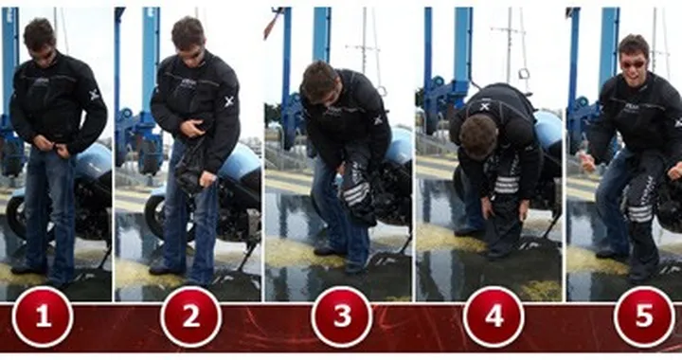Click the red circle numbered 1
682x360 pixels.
(42, 316)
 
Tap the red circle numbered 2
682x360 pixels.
(190, 316)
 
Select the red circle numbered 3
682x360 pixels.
(341, 316)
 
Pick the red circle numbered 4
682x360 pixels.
(494, 316)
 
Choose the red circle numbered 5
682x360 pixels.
(644, 316)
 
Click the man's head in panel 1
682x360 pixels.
(39, 40)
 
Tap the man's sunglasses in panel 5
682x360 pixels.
(631, 63)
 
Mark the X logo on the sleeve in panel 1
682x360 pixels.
(94, 95)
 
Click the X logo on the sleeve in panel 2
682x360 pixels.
(229, 101)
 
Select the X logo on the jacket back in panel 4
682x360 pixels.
(485, 106)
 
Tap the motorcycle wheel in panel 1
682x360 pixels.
(16, 216)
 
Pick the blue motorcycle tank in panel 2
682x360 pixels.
(241, 161)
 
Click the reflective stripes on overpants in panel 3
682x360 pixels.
(355, 193)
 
